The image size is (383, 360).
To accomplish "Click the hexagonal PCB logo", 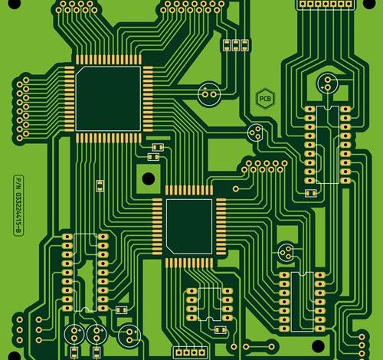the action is pos(265,98).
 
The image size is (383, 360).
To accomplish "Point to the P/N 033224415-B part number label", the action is pos(18,205).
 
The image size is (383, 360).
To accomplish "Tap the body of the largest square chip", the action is pos(108,99).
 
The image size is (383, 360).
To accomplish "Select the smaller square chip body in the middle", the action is pos(189,227).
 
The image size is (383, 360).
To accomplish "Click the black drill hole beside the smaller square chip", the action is pos(149,178).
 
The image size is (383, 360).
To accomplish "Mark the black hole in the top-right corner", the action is pos(369,4).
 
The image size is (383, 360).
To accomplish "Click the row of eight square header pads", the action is pos(326,4).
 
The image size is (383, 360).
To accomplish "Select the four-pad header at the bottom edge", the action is pos(191,352).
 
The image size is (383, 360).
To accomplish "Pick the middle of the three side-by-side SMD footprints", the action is pos(235,45).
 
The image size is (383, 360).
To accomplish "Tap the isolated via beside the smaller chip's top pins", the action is pos(236,189).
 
